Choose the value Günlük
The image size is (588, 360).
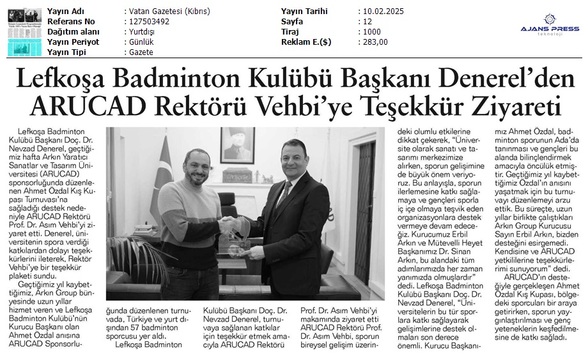[x=139, y=42]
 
